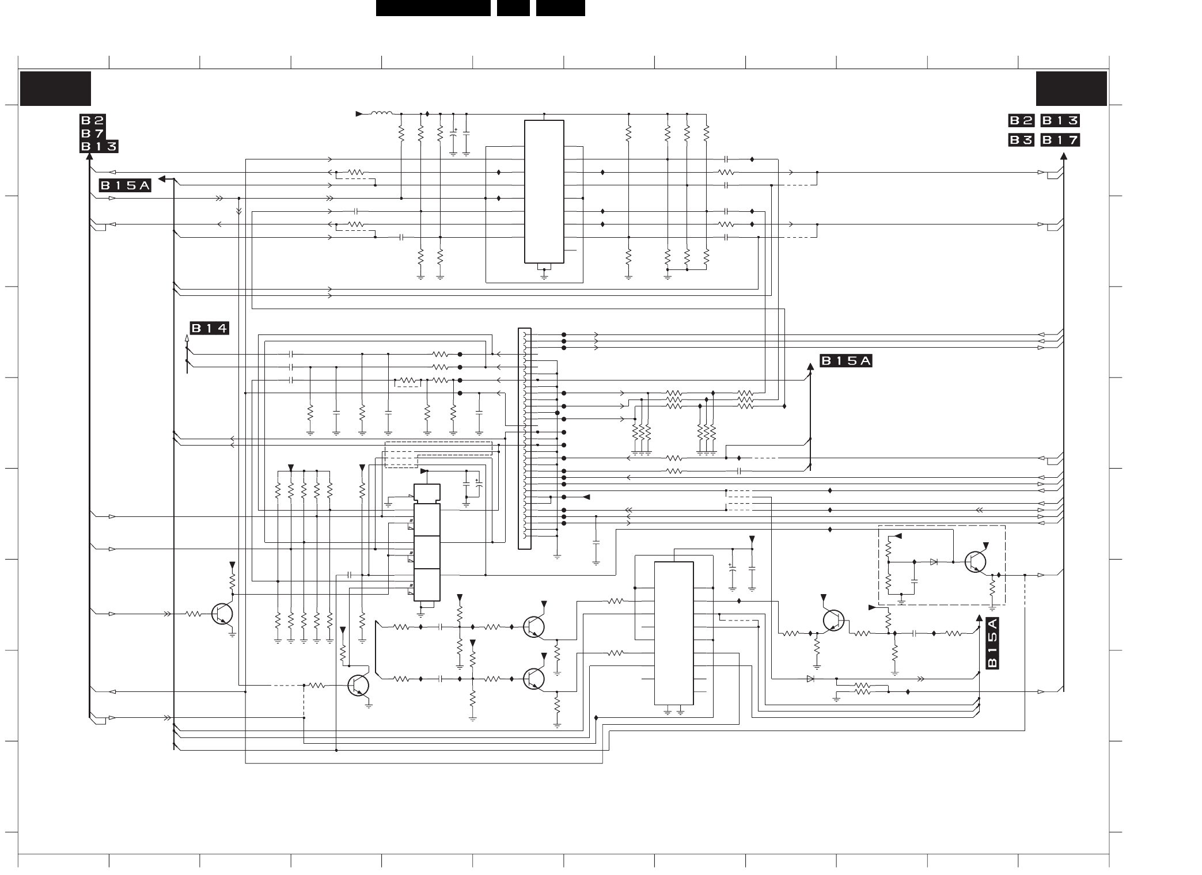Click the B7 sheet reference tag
(x=92, y=134)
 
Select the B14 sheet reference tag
(x=210, y=329)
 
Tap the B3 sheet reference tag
(x=1021, y=140)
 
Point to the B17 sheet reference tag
(x=1060, y=140)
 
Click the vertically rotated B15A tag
(x=992, y=643)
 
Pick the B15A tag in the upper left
(x=125, y=185)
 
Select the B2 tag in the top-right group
(x=1021, y=120)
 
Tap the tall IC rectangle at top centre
(x=544, y=191)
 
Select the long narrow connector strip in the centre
(x=524, y=439)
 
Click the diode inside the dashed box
(x=934, y=562)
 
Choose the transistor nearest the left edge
(x=222, y=614)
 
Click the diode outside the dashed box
(x=810, y=679)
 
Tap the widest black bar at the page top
(x=433, y=7)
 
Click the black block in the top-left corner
(x=56, y=89)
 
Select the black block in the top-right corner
(x=1071, y=89)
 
